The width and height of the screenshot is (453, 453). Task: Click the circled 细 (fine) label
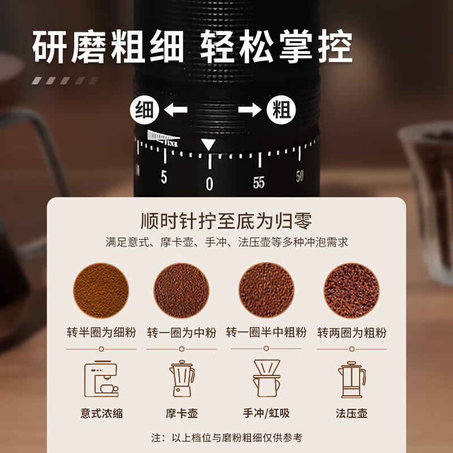click(x=144, y=110)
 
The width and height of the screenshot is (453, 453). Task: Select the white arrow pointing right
click(x=250, y=110)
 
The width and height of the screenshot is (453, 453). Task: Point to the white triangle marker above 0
click(x=209, y=144)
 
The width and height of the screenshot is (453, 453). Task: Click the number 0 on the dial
click(x=210, y=183)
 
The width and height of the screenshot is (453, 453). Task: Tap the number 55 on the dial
click(x=259, y=182)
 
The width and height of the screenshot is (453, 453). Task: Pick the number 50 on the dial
click(x=300, y=176)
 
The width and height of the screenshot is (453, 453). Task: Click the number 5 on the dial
click(x=164, y=177)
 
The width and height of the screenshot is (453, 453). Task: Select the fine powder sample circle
click(x=100, y=290)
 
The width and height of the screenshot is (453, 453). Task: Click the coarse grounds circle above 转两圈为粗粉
click(x=351, y=290)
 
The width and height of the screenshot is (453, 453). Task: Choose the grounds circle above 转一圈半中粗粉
click(x=266, y=290)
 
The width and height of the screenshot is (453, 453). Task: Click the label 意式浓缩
click(x=101, y=413)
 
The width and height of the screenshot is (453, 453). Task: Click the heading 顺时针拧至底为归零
click(x=226, y=220)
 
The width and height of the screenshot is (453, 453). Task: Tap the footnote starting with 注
click(x=226, y=437)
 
